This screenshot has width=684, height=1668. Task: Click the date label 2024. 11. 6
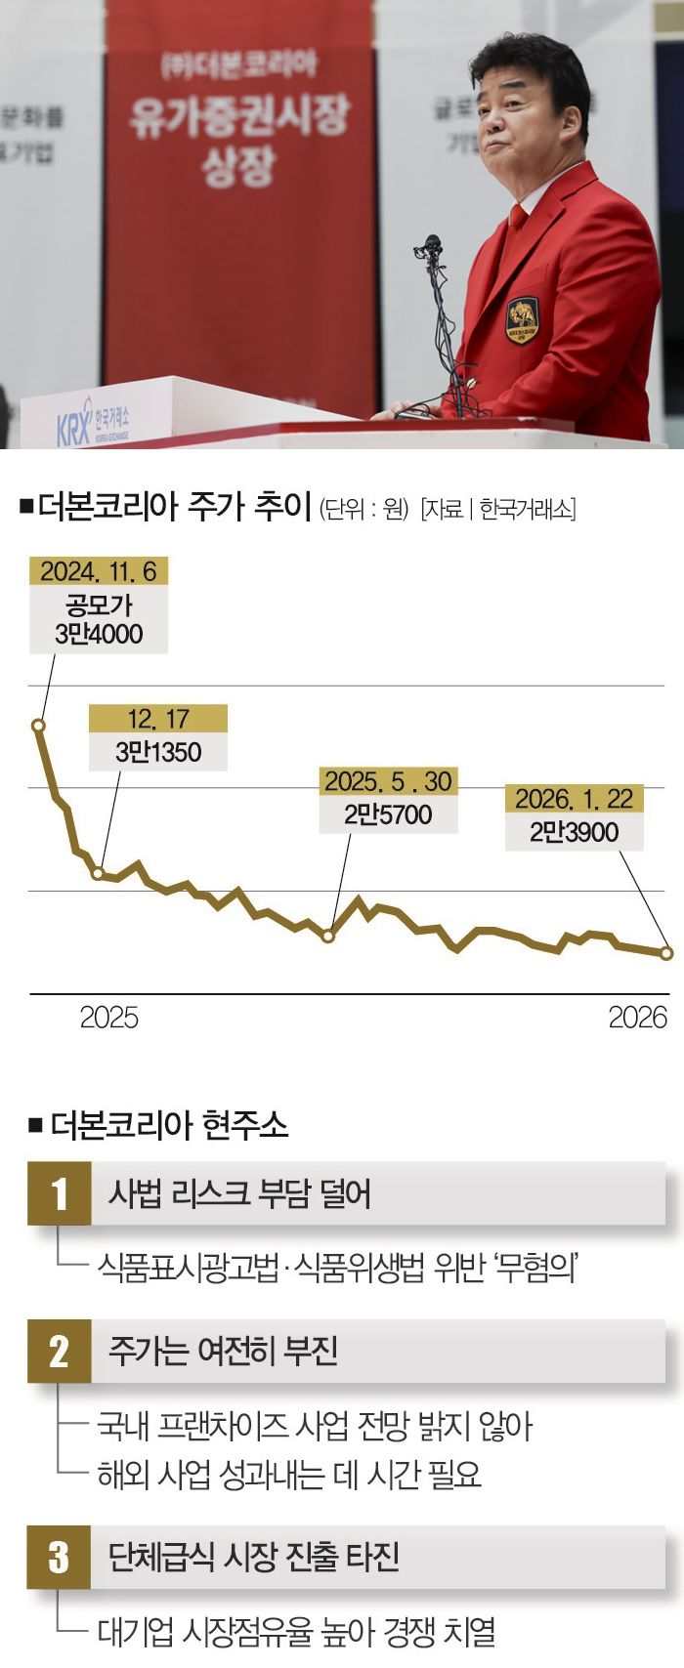click(98, 570)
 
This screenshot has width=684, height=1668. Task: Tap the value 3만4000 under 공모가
click(98, 635)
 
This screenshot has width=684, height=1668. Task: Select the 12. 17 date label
click(157, 719)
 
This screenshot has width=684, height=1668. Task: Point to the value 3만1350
click(157, 752)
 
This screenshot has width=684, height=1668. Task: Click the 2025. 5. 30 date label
click(388, 781)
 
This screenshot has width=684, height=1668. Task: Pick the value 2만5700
click(388, 814)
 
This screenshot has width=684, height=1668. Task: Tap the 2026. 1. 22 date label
click(574, 799)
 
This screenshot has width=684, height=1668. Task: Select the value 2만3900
click(574, 832)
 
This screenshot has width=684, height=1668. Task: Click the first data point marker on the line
click(38, 726)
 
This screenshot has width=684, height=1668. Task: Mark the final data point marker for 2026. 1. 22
click(667, 953)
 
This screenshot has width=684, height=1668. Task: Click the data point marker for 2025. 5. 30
click(328, 936)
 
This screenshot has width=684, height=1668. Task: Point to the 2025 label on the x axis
click(108, 1018)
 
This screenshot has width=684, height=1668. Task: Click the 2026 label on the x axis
click(637, 1018)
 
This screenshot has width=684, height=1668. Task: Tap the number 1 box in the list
click(60, 1193)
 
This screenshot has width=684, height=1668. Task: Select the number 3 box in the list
click(60, 1557)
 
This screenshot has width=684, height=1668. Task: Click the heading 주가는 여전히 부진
click(223, 1351)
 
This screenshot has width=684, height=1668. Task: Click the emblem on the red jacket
click(523, 320)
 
